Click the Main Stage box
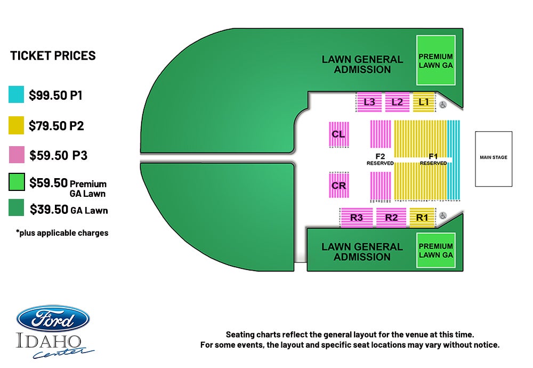pyautogui.click(x=493, y=159)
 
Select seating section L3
pyautogui.click(x=369, y=102)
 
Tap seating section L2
pyautogui.click(x=397, y=102)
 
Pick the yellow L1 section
pyautogui.click(x=424, y=102)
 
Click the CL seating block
pyautogui.click(x=338, y=134)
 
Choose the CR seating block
pyautogui.click(x=338, y=186)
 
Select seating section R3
pyautogui.click(x=356, y=217)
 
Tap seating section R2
pyautogui.click(x=391, y=217)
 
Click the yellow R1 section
pyautogui.click(x=422, y=217)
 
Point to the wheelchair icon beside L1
pyautogui.click(x=442, y=105)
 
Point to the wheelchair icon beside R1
pyautogui.click(x=442, y=215)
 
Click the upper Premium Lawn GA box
pyautogui.click(x=436, y=60)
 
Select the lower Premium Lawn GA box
pyautogui.click(x=436, y=250)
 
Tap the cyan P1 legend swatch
pyautogui.click(x=17, y=94)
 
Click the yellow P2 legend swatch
pyautogui.click(x=17, y=125)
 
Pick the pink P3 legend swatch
pyautogui.click(x=17, y=155)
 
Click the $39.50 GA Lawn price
pyautogui.click(x=69, y=210)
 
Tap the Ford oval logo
pyautogui.click(x=53, y=319)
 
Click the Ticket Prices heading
pyautogui.click(x=53, y=55)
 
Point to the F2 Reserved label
pyautogui.click(x=380, y=159)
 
